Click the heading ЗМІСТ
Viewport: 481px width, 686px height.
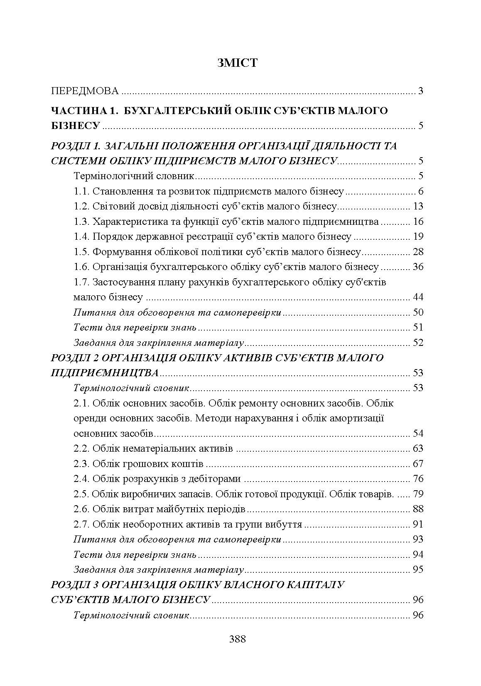tap(237, 63)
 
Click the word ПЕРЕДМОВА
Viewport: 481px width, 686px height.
tap(85, 91)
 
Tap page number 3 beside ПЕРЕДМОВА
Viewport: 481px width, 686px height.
tap(420, 91)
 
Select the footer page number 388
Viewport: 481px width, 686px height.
tap(238, 639)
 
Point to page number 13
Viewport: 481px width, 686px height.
tap(418, 206)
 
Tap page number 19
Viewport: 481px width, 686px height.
tap(418, 236)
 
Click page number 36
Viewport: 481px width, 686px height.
tap(418, 267)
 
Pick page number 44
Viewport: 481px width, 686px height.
tap(418, 297)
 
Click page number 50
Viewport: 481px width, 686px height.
tap(418, 312)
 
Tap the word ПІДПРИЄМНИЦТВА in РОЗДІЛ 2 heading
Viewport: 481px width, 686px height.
tap(105, 372)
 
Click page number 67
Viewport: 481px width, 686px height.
tap(418, 463)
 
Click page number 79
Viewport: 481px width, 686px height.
tap(418, 494)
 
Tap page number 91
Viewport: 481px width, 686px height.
tap(418, 524)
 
